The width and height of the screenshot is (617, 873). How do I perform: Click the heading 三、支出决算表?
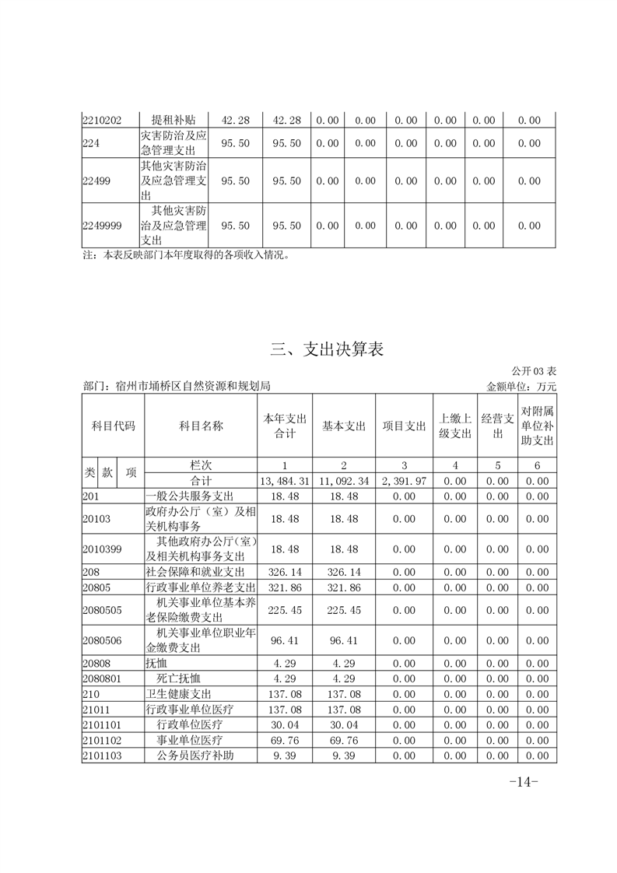point(328,349)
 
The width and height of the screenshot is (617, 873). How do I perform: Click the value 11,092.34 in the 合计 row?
point(344,482)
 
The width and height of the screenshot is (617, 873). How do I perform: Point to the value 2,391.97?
point(404,482)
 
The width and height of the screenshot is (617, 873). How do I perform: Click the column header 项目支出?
point(404,426)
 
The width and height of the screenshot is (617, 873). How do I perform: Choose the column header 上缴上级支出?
point(455,426)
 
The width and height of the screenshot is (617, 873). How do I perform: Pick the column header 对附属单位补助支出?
point(537,426)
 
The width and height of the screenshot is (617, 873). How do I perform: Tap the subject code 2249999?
point(102,226)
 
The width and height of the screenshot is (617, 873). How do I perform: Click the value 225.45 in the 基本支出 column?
point(344,611)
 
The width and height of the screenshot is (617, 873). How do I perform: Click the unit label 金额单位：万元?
point(521,385)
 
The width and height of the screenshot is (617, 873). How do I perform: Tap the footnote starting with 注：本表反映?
point(186,254)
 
